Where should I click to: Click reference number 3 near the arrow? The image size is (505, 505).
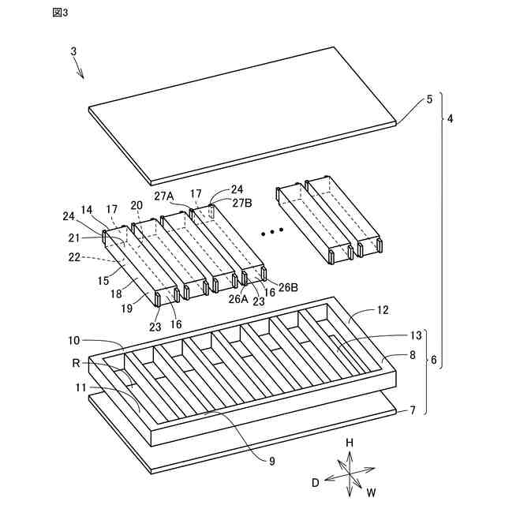click(x=73, y=51)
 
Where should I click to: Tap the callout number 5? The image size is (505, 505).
click(x=429, y=99)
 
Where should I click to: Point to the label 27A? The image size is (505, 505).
click(x=164, y=196)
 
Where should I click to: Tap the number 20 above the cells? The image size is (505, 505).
click(x=137, y=205)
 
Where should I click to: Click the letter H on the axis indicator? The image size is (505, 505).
click(x=350, y=443)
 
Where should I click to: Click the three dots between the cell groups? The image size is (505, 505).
click(x=271, y=232)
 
